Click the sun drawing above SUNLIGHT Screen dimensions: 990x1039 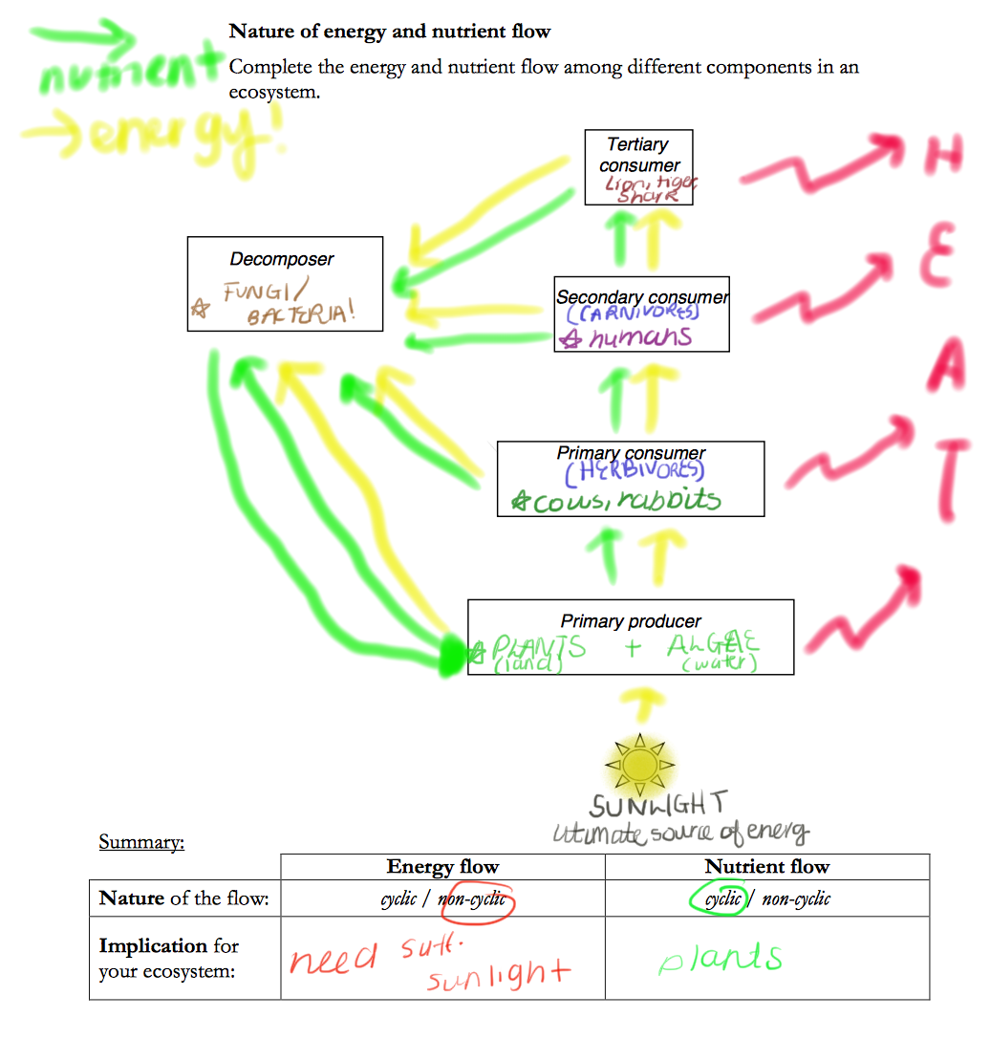(640, 764)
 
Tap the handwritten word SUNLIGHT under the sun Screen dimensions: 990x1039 (658, 804)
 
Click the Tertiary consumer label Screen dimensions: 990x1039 (638, 155)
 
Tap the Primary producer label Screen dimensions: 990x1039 (631, 621)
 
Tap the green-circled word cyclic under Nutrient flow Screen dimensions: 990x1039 (722, 899)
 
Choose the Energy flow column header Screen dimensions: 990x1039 (442, 867)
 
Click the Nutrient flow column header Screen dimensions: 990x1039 (766, 867)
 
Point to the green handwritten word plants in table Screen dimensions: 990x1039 (720, 958)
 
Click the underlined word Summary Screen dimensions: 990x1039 (140, 842)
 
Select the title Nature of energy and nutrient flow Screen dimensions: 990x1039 (390, 32)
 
